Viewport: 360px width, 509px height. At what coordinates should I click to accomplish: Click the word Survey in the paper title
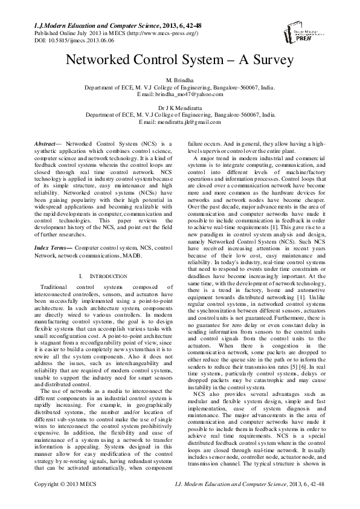265,60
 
